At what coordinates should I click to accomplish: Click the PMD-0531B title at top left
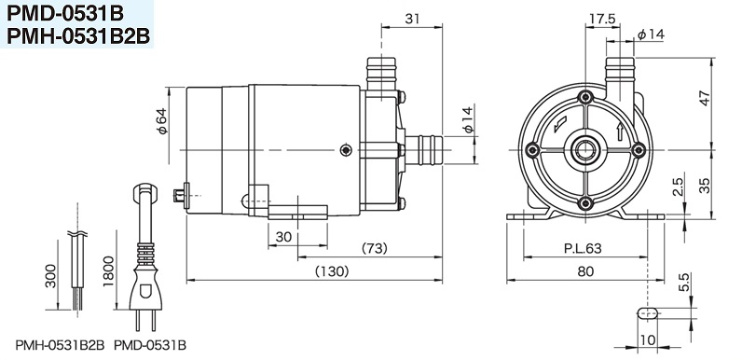[x=65, y=14]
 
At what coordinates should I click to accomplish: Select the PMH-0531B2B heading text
[x=78, y=36]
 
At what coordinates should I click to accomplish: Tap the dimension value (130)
[x=332, y=271]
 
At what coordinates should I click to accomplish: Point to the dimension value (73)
[x=374, y=248]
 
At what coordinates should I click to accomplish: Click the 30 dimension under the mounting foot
[x=283, y=236]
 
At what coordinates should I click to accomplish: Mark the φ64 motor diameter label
[x=162, y=122]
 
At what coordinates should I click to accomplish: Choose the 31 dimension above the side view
[x=412, y=19]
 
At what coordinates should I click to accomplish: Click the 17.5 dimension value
[x=601, y=19]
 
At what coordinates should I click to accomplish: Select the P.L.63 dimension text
[x=583, y=248]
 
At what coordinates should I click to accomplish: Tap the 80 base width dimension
[x=585, y=271]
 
